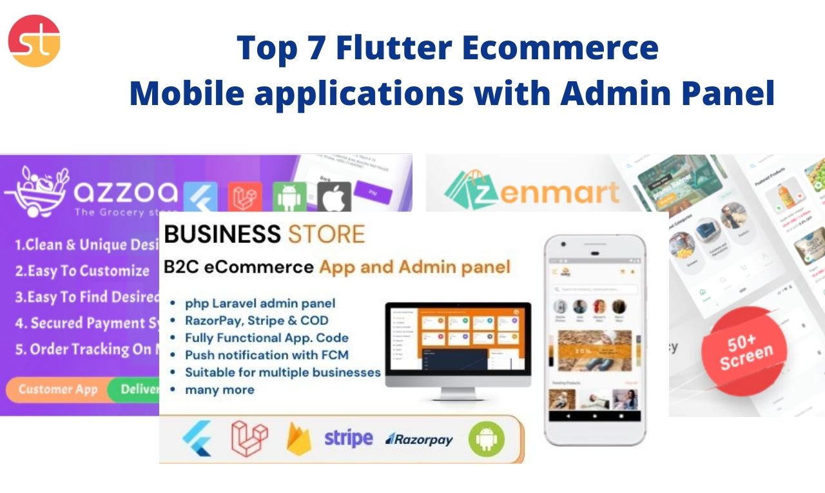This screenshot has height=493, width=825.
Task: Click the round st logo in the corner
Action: click(34, 41)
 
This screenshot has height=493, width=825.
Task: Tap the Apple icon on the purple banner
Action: click(334, 197)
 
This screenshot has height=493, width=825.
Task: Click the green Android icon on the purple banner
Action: click(289, 197)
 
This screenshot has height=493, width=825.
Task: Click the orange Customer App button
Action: click(57, 389)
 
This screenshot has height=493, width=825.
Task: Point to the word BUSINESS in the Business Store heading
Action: click(222, 234)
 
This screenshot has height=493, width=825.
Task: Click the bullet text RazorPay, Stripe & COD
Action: click(257, 320)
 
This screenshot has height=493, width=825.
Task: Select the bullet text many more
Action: click(219, 389)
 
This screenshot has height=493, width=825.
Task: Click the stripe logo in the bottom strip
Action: click(348, 438)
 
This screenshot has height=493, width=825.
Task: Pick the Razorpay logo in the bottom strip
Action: click(419, 440)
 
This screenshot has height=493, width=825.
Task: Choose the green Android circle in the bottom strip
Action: click(487, 439)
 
